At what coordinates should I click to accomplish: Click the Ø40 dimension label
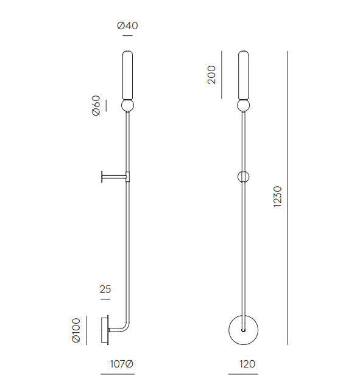coord(127,26)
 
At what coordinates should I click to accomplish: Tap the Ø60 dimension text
coord(96,105)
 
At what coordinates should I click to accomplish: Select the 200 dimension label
coord(211,75)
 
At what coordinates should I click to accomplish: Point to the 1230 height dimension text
coord(278,197)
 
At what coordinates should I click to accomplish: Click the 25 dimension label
coord(105,289)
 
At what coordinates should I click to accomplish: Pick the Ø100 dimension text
coord(76,330)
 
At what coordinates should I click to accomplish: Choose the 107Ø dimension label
coord(121,364)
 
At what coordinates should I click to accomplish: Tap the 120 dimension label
coord(247,364)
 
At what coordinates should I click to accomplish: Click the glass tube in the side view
coord(127,75)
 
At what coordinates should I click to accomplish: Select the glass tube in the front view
coord(243,75)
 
